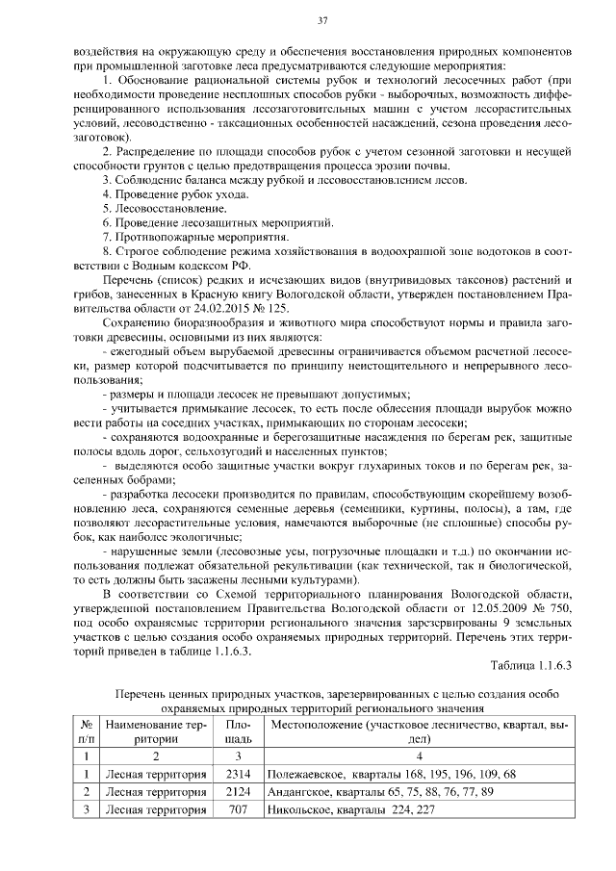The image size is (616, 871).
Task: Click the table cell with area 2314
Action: (238, 773)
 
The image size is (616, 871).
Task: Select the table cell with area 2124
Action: (238, 791)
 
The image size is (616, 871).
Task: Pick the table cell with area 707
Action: (238, 809)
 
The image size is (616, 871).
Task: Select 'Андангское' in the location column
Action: (303, 791)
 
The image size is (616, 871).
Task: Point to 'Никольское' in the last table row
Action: (305, 809)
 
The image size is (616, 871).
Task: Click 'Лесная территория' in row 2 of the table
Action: (156, 791)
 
